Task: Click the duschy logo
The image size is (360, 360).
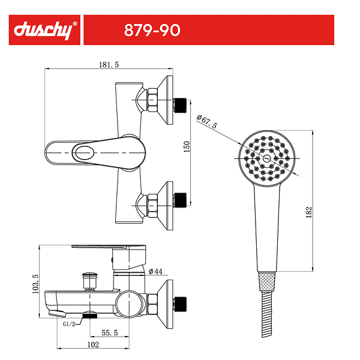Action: point(45,30)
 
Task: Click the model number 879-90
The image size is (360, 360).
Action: point(152,30)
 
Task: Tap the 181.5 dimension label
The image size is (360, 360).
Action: point(109,65)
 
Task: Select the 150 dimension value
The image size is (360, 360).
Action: point(187,147)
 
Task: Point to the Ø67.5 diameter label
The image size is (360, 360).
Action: point(206,121)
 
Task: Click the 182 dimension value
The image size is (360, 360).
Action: point(309,212)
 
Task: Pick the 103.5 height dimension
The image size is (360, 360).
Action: point(35,284)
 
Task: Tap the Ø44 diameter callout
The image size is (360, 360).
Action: point(155,271)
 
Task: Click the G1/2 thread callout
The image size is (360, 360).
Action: point(69,324)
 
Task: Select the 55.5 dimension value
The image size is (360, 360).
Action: point(110,332)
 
